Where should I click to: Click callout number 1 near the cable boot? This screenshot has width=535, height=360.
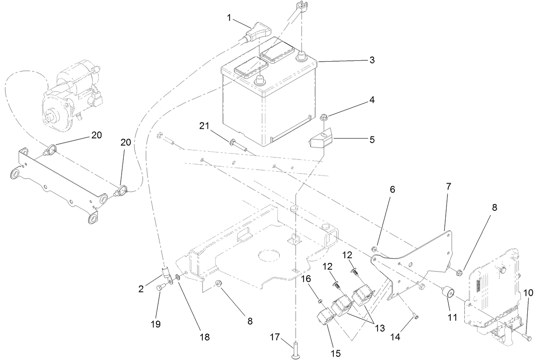click(x=229, y=19)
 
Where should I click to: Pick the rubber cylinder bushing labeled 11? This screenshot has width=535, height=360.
click(x=447, y=293)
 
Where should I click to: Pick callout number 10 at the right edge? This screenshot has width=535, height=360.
click(x=527, y=293)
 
